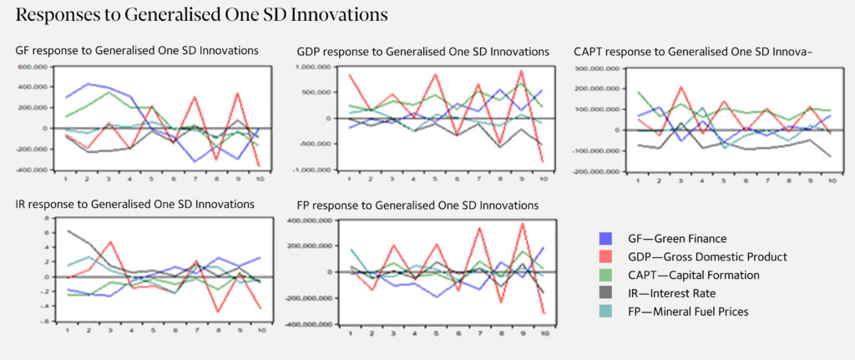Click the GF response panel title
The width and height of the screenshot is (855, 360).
click(137, 51)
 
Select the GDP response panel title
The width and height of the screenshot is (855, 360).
click(422, 52)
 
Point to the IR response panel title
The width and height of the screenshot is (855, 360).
click(135, 205)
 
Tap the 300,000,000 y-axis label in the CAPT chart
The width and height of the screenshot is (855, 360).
click(596, 67)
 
